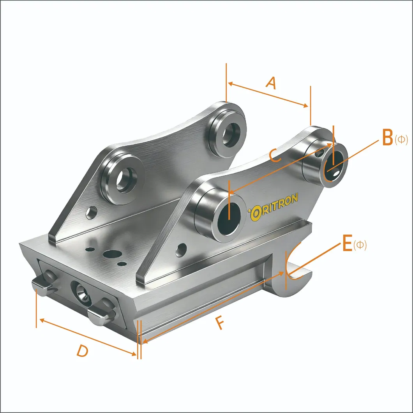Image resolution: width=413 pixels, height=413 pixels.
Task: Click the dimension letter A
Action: [272, 83]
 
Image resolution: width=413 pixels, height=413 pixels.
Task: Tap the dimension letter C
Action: [275, 156]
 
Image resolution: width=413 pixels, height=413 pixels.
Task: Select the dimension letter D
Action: [82, 351]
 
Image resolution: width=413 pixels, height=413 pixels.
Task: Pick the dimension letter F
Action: [220, 323]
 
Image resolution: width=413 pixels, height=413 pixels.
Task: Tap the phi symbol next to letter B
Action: [401, 140]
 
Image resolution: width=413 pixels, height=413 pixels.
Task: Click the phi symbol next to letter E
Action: [360, 245]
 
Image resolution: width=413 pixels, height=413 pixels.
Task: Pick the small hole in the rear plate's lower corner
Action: [92, 212]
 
